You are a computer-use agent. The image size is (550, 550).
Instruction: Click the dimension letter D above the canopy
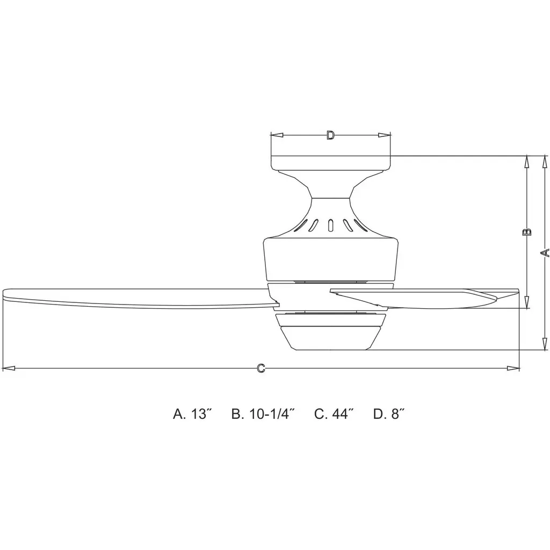[x=330, y=135]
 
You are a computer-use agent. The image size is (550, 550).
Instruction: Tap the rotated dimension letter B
[x=527, y=232]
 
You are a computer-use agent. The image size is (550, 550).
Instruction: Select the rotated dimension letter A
[x=545, y=252]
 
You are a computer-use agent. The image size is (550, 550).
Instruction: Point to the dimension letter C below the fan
[x=260, y=368]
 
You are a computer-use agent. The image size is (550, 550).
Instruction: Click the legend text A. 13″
[x=193, y=414]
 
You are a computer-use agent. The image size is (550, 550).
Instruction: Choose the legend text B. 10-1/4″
[x=262, y=414]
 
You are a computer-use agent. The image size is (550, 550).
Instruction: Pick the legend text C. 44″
[x=332, y=414]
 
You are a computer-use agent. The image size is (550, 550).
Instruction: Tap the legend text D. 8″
[x=389, y=414]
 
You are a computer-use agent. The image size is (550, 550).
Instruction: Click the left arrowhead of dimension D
[x=277, y=135]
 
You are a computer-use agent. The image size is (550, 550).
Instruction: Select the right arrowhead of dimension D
[x=385, y=135]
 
